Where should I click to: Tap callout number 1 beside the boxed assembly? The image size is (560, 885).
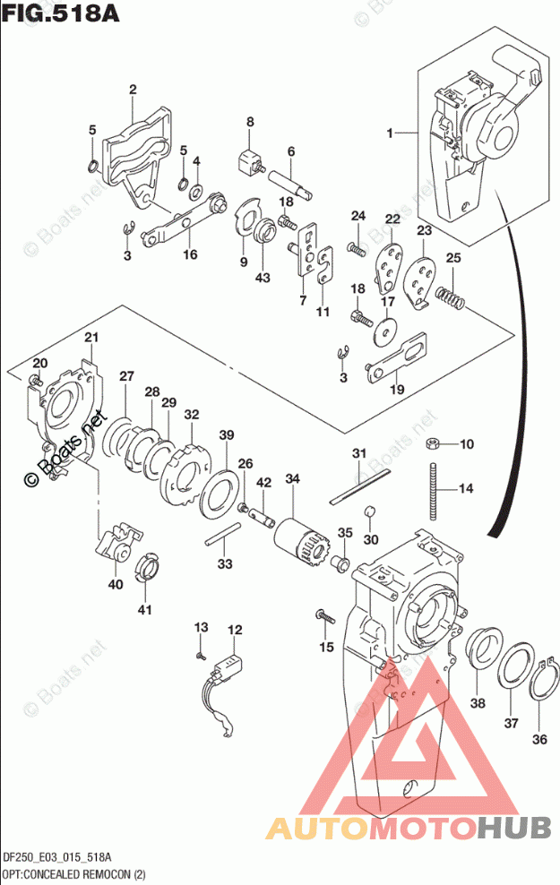[391, 133]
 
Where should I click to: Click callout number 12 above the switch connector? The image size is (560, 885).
[234, 630]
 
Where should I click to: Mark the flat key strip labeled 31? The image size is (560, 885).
[358, 483]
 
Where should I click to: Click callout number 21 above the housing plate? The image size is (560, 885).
[90, 337]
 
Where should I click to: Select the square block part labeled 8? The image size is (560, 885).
[247, 163]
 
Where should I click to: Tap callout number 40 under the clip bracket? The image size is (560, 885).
[116, 584]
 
